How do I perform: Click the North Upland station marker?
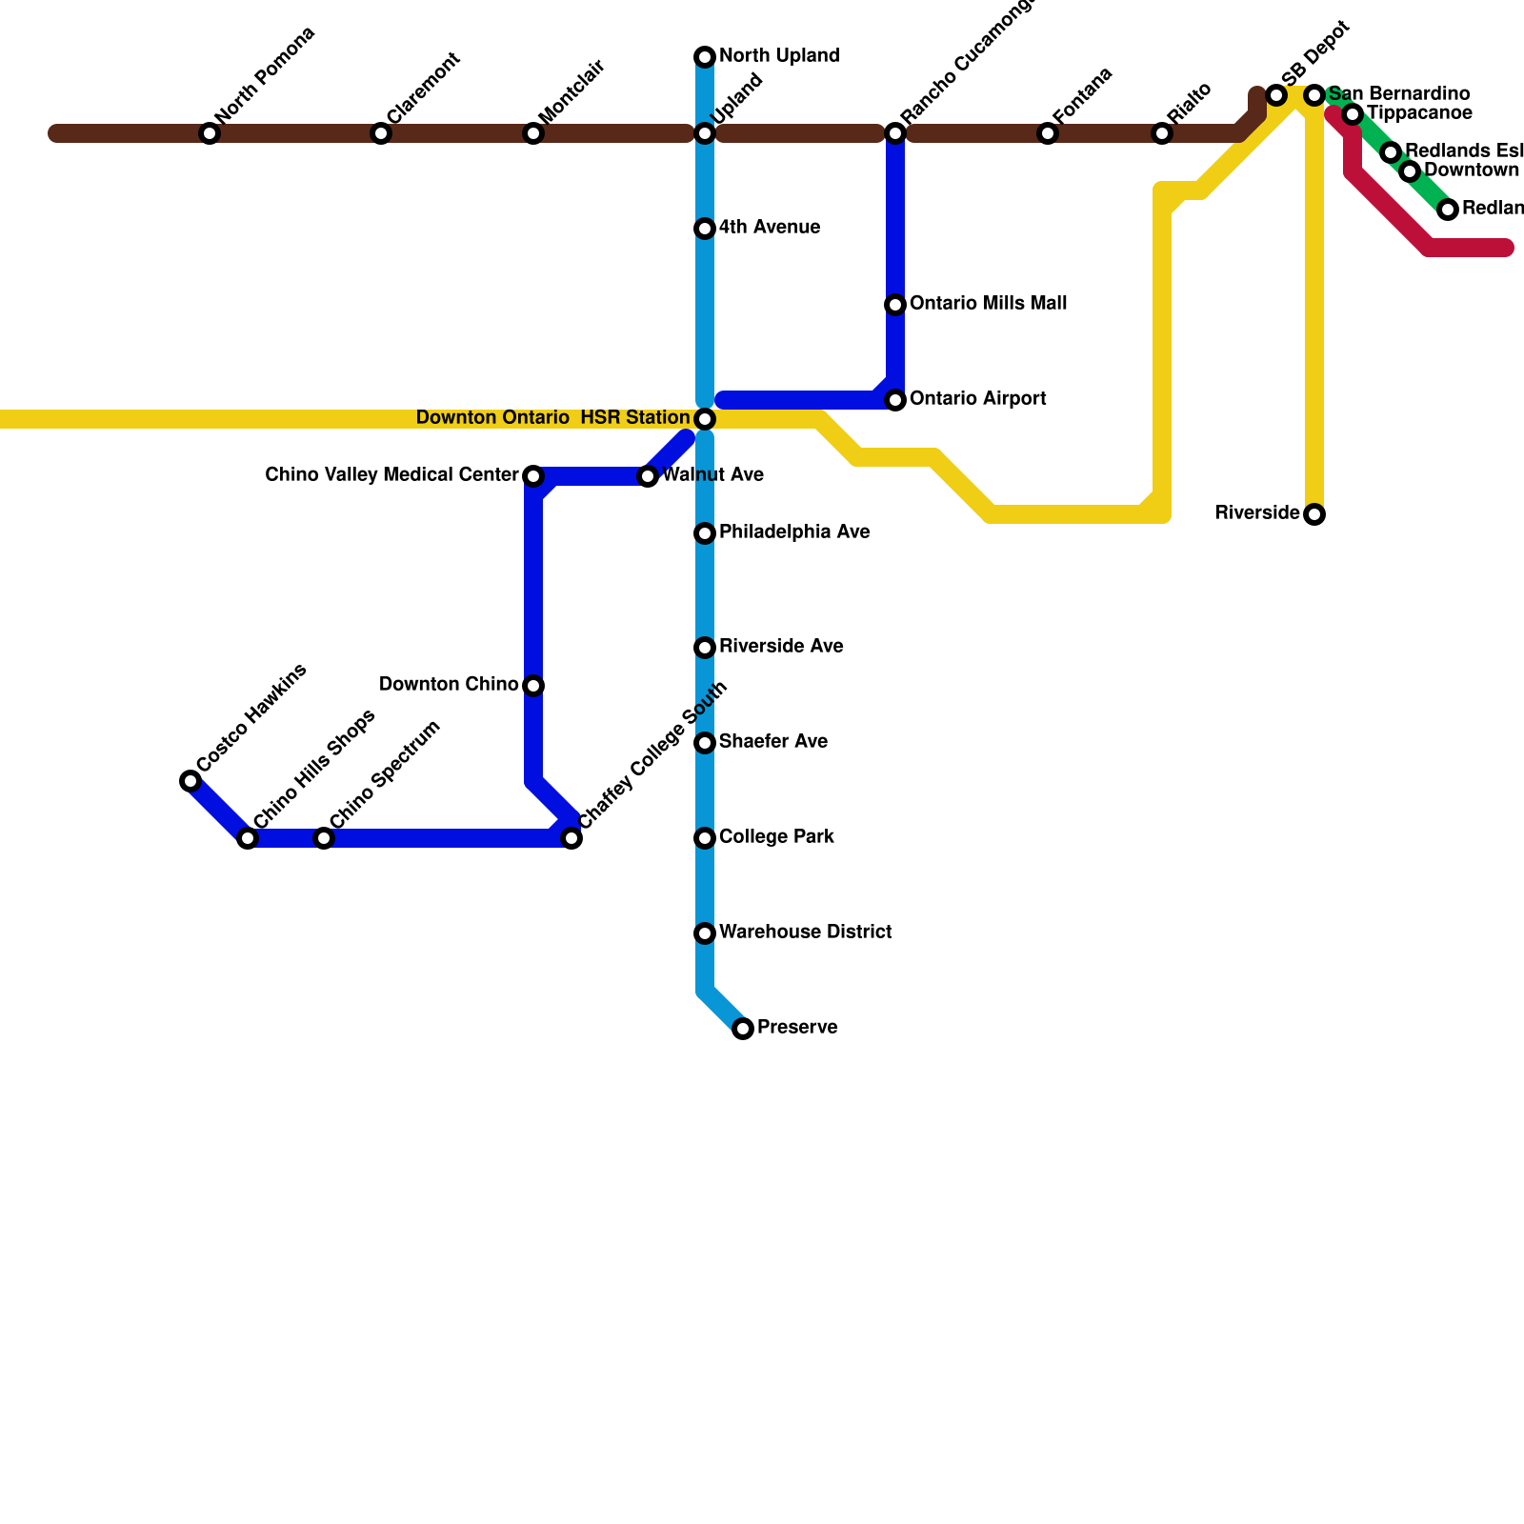[x=705, y=57]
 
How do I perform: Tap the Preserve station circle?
[x=743, y=1029]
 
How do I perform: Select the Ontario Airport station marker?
[x=895, y=400]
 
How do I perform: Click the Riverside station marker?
[x=1314, y=514]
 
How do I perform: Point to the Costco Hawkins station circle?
[x=190, y=781]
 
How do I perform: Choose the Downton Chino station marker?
[x=533, y=686]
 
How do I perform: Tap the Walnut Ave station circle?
[x=648, y=476]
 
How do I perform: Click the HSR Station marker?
[x=705, y=419]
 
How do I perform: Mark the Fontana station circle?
[x=1048, y=133]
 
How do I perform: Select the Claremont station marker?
[x=381, y=133]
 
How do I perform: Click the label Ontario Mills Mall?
[x=988, y=304]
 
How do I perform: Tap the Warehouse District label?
[x=805, y=932]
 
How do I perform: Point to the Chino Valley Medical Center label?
[x=391, y=475]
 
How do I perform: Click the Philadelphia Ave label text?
[x=794, y=532]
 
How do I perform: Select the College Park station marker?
[x=705, y=838]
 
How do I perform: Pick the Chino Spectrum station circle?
[x=324, y=838]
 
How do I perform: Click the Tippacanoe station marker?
[x=1353, y=114]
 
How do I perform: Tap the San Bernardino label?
[x=1398, y=94]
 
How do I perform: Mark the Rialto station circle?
[x=1162, y=133]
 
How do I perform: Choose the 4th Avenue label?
[x=770, y=228]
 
